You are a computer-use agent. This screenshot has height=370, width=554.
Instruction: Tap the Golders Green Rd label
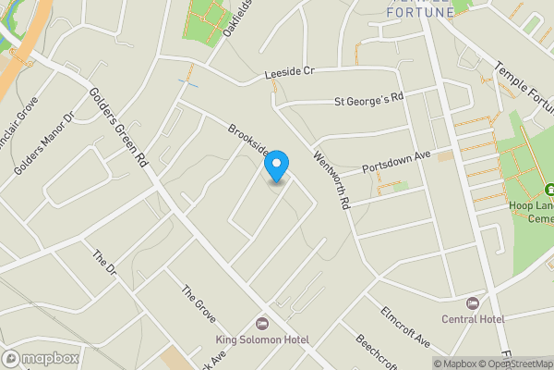121,126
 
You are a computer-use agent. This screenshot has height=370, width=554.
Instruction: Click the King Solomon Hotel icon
261,324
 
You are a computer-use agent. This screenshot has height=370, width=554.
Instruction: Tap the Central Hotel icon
474,303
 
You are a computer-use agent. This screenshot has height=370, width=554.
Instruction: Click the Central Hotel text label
473,319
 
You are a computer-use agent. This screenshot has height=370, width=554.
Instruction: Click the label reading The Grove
199,304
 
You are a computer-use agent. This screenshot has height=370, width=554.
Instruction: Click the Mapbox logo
41,358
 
